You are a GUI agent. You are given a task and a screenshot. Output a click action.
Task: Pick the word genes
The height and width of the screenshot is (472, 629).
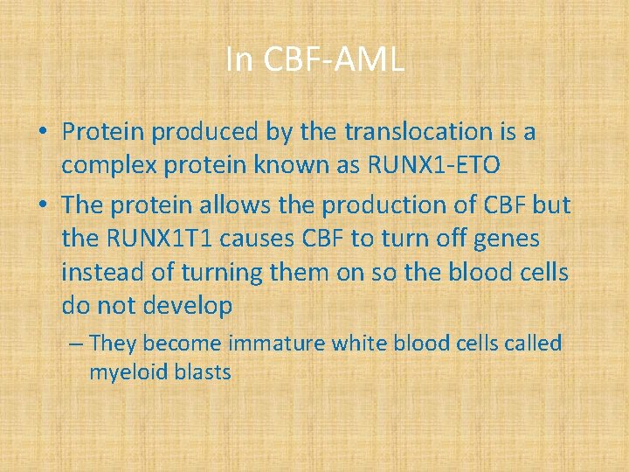[508, 238]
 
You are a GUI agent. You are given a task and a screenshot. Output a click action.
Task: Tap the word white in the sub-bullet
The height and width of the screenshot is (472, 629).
[358, 344]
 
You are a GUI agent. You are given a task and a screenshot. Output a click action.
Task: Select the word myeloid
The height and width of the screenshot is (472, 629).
[122, 372]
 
